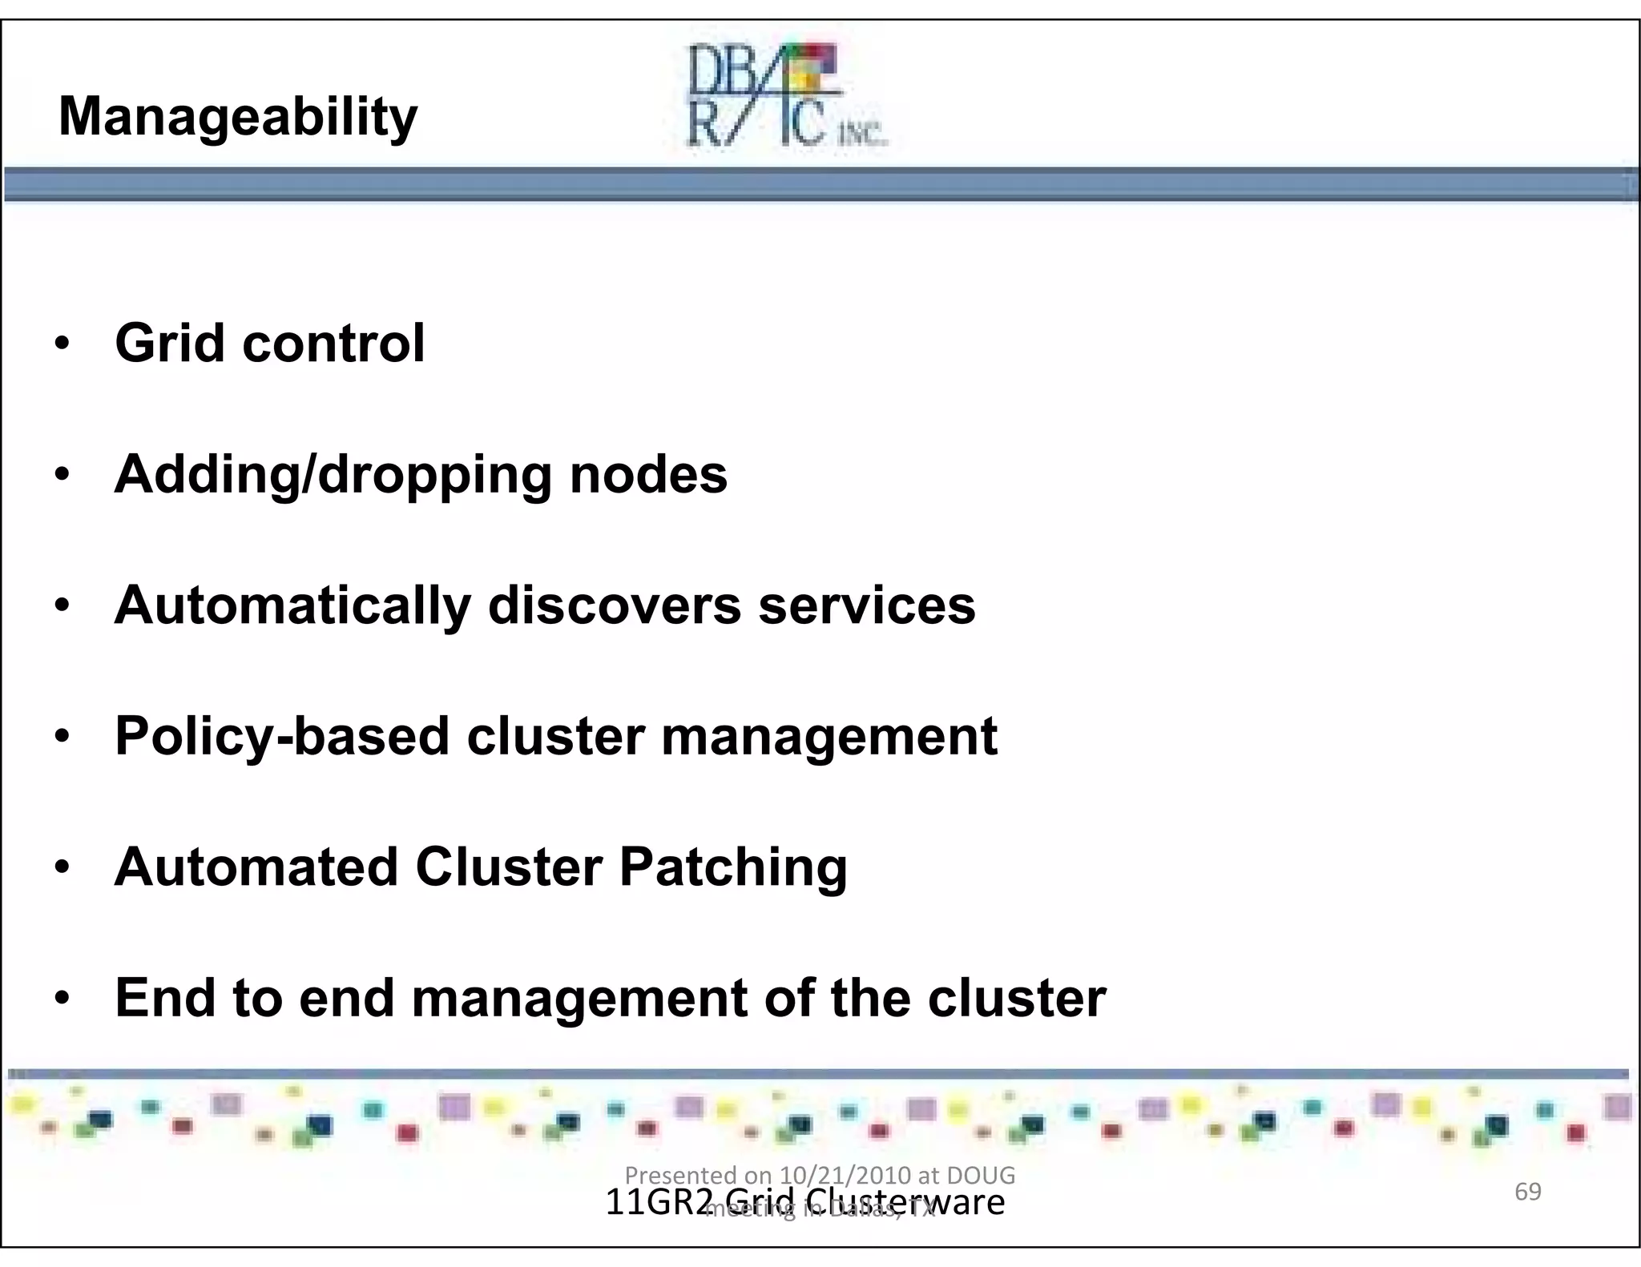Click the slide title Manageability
[x=238, y=117]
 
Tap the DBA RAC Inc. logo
[x=786, y=96]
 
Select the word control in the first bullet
[x=333, y=343]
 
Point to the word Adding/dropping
[x=333, y=475]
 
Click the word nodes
[x=648, y=474]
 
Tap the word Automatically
[x=292, y=605]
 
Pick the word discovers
[x=615, y=605]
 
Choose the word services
[x=867, y=605]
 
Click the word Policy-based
[x=282, y=737]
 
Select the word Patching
[x=733, y=868]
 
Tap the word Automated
[x=256, y=867]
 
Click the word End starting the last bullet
[x=165, y=998]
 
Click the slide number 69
[x=1527, y=1192]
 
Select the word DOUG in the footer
[x=981, y=1175]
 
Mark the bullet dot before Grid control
[x=62, y=344]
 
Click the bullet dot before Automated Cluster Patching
[x=62, y=868]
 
